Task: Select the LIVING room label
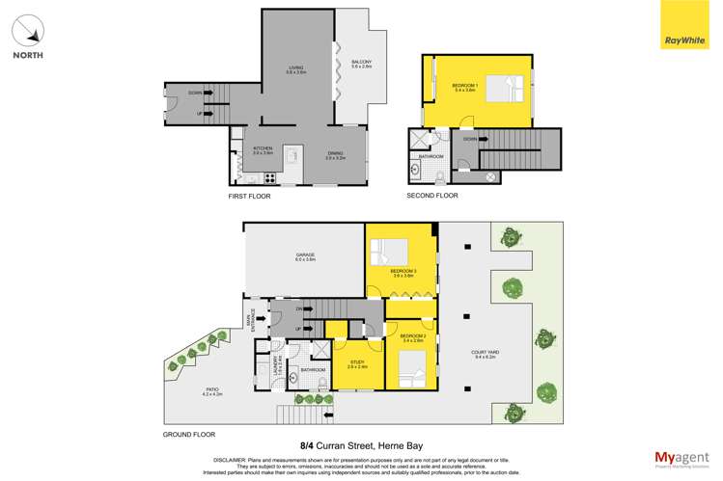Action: pos(296,69)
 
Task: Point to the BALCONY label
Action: pos(362,65)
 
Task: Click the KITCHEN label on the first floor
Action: pos(264,150)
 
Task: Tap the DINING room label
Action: pos(335,155)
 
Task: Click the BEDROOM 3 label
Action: pos(402,273)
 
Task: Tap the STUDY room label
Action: pos(356,364)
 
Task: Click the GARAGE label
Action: pos(304,256)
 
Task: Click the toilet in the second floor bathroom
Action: pos(438,175)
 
